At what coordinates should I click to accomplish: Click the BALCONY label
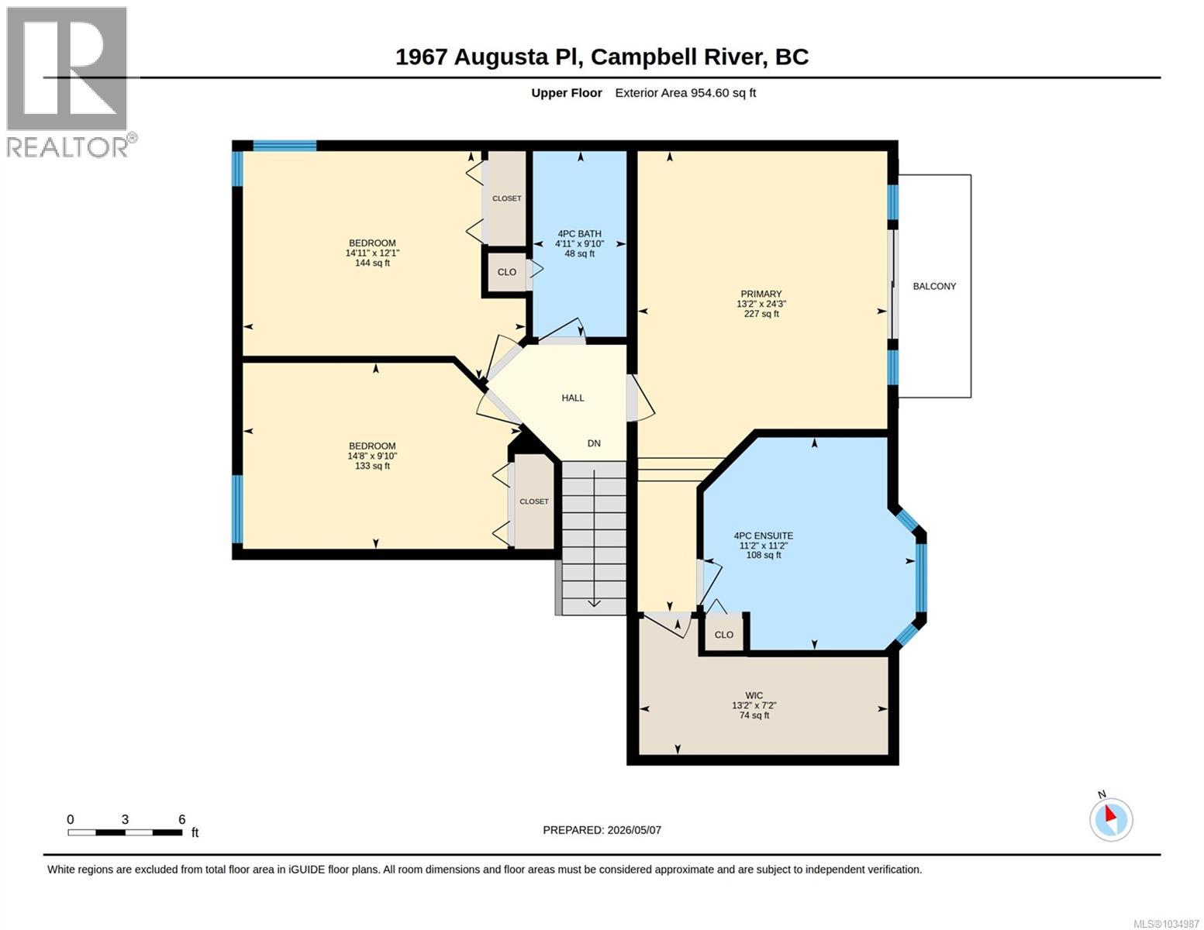click(x=934, y=287)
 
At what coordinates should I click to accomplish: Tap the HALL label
click(x=572, y=398)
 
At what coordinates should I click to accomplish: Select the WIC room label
click(x=754, y=695)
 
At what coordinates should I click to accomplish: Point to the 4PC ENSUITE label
click(x=763, y=536)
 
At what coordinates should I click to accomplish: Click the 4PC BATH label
click(x=579, y=234)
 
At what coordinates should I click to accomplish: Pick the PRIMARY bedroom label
click(x=761, y=294)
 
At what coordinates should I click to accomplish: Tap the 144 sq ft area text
click(x=372, y=263)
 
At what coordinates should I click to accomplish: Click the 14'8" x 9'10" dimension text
click(x=372, y=456)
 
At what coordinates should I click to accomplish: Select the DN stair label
click(x=593, y=443)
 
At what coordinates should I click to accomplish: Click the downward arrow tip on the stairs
click(x=593, y=606)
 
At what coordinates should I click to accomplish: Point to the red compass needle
click(x=1110, y=814)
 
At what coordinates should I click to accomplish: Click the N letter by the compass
click(x=1102, y=794)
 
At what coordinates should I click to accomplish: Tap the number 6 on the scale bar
click(x=181, y=819)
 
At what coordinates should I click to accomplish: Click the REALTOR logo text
click(x=67, y=147)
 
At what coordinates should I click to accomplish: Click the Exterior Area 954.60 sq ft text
click(x=685, y=93)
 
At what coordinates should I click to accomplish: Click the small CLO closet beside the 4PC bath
click(x=506, y=272)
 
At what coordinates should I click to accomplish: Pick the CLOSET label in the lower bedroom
click(x=533, y=501)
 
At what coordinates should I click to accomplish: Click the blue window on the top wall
click(x=285, y=146)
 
